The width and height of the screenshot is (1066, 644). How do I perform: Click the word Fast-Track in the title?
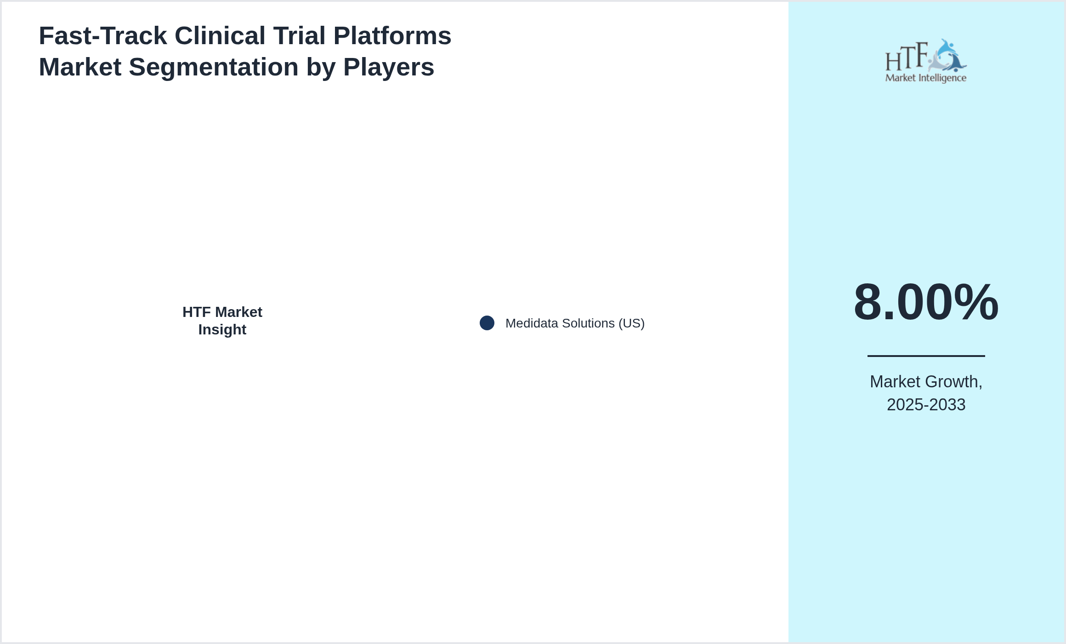point(102,36)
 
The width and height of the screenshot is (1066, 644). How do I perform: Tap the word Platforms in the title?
point(392,36)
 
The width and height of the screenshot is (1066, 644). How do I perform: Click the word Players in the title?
point(388,67)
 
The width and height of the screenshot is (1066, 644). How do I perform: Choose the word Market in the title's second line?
point(80,67)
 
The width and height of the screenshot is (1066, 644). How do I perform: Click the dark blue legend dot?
point(487,323)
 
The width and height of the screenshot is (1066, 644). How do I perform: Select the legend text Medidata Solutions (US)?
point(574,323)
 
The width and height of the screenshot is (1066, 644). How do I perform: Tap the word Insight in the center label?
point(222,330)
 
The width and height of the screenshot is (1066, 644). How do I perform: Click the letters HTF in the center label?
point(197,312)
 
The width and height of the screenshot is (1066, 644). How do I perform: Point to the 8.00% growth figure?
point(925,302)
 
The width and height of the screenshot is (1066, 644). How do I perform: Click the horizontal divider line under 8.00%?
point(925,356)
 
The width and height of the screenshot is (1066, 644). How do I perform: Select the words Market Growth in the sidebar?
point(925,382)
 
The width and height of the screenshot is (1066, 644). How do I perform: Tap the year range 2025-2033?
point(925,405)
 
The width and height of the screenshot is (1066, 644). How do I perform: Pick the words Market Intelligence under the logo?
point(925,78)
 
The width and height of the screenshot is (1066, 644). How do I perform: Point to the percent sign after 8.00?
point(976,302)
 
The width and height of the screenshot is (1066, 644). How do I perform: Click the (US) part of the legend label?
point(631,323)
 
